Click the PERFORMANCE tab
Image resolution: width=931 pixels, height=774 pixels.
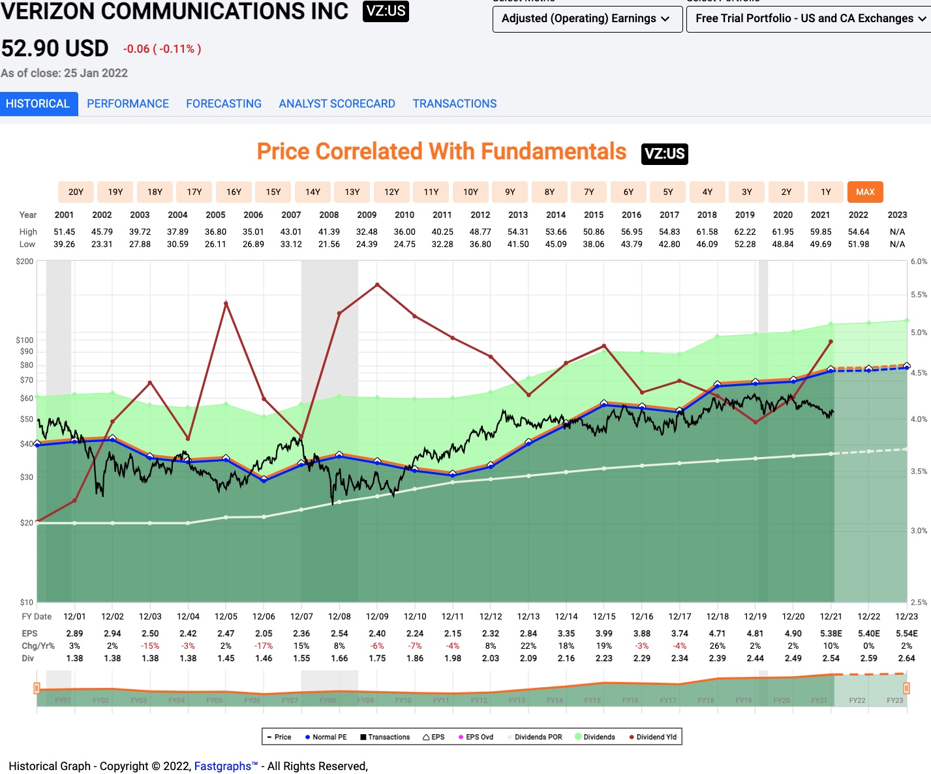tap(128, 104)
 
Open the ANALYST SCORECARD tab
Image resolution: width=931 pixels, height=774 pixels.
tap(337, 104)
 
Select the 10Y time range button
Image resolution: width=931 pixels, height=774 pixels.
tap(470, 192)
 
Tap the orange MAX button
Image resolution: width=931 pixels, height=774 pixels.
tap(865, 192)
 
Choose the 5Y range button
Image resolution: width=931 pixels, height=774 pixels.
tap(668, 192)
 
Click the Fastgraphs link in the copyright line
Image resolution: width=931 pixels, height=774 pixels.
tap(226, 766)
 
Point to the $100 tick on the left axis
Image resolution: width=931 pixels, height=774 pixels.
tap(25, 340)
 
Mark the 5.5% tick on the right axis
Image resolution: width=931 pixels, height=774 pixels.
tap(919, 295)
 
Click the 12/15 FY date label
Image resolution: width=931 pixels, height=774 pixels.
tap(604, 616)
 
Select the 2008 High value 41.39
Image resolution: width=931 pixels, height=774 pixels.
tap(329, 231)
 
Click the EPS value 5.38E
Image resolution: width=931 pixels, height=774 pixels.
tap(831, 633)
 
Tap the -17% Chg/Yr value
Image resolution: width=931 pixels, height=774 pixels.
tap(264, 646)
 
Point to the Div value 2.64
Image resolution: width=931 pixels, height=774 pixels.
tap(906, 658)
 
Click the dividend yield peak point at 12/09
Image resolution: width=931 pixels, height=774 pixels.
tap(377, 285)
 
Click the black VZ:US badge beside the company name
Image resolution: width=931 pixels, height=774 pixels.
tap(386, 10)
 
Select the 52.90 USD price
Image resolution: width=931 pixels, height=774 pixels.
tap(55, 48)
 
